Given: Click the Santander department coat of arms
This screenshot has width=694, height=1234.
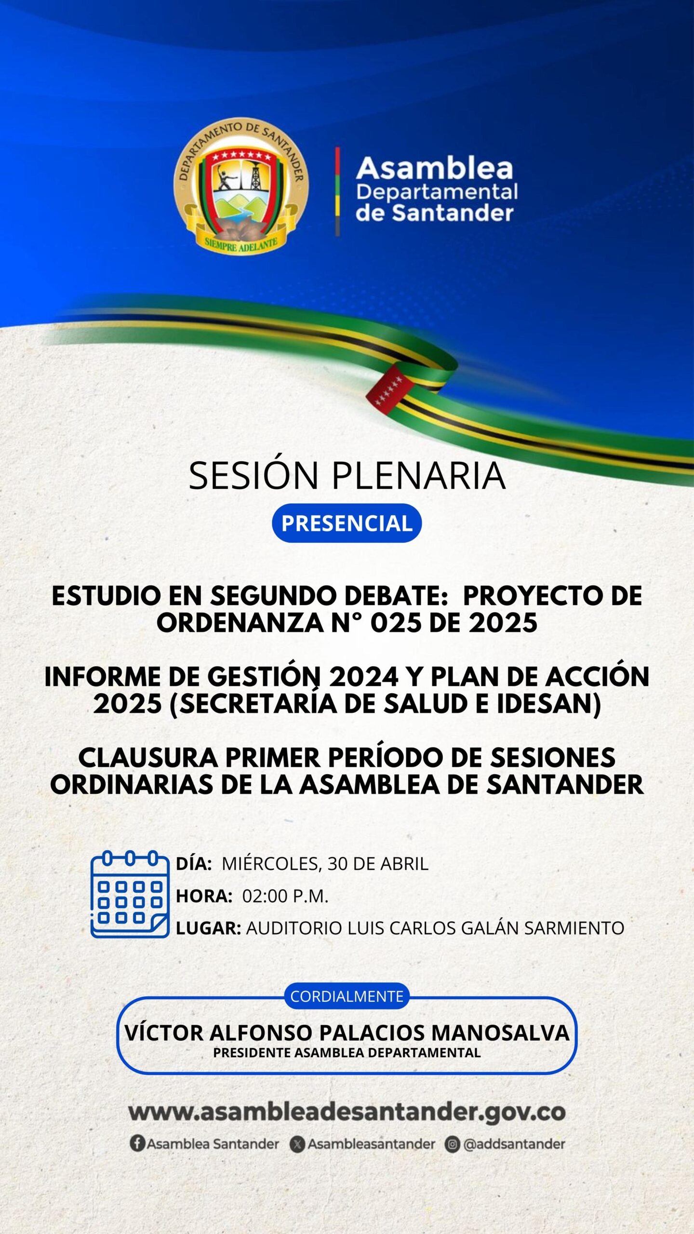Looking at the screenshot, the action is click(x=240, y=186).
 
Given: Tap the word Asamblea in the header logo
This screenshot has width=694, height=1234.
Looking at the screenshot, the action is click(x=435, y=168).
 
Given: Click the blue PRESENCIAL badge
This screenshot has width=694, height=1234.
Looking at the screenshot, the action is click(x=347, y=523).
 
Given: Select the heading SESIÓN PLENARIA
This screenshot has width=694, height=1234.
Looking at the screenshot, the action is click(x=347, y=475).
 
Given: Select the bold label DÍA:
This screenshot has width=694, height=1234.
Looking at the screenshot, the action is click(x=194, y=863).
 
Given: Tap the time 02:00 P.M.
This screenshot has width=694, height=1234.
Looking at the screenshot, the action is click(x=285, y=896).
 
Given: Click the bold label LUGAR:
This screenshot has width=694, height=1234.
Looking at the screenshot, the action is click(x=208, y=928).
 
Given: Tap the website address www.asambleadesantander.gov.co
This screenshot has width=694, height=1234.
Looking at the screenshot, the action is click(x=347, y=1113).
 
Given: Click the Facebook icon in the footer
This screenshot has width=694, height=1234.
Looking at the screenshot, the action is click(x=137, y=1143).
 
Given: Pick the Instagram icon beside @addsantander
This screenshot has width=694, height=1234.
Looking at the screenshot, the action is click(x=452, y=1144).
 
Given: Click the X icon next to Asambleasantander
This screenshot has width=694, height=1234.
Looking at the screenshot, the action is click(x=297, y=1144).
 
